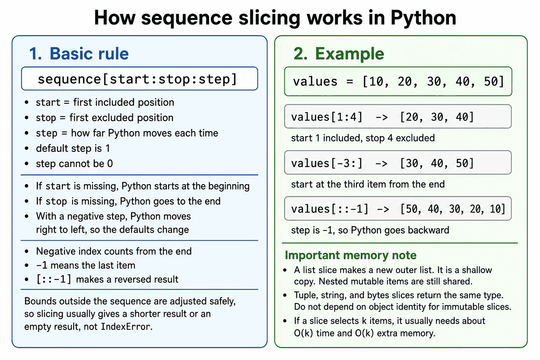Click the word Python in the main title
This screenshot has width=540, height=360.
click(423, 18)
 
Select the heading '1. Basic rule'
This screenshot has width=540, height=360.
click(79, 53)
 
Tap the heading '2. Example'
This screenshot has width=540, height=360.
click(339, 53)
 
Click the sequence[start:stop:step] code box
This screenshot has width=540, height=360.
click(140, 79)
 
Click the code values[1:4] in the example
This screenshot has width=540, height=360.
click(327, 117)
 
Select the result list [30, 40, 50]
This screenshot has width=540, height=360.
click(437, 163)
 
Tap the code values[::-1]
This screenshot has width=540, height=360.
click(330, 209)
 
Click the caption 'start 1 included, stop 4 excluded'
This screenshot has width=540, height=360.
click(363, 138)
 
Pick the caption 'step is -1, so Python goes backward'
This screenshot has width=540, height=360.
click(370, 230)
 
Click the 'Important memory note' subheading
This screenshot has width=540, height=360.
click(351, 255)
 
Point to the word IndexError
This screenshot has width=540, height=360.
click(126, 327)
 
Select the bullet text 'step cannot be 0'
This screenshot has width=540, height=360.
click(74, 164)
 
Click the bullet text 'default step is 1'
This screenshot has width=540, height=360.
click(73, 148)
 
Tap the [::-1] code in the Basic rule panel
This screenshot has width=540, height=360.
click(53, 279)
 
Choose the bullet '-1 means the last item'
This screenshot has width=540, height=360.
click(85, 265)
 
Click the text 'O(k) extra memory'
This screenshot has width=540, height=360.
click(395, 333)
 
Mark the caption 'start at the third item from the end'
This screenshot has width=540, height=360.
click(368, 184)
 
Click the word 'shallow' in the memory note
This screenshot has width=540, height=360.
click(477, 270)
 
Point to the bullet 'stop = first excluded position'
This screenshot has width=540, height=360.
click(105, 118)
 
